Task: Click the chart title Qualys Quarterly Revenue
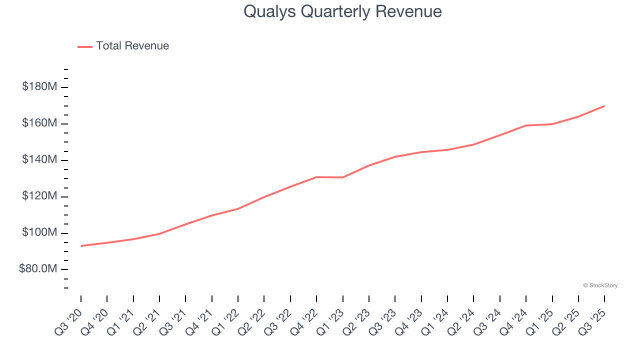[x=342, y=11]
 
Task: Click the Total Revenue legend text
[x=132, y=46]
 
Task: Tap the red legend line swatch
[x=85, y=46]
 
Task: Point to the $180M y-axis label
[x=39, y=87]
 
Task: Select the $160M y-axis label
[x=39, y=123]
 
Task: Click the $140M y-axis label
[x=39, y=160]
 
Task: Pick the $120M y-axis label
[x=39, y=196]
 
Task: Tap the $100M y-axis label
[x=39, y=233]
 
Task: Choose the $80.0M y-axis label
[x=38, y=269]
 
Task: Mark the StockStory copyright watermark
[x=600, y=285]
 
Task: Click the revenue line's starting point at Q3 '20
[x=81, y=245]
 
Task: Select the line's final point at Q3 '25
[x=604, y=106]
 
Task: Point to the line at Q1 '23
[x=342, y=177]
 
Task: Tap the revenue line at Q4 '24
[x=526, y=125]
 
